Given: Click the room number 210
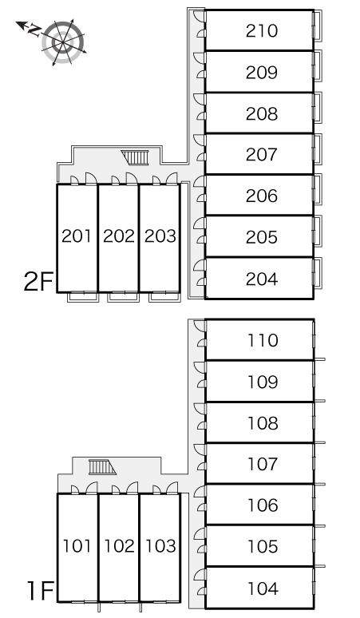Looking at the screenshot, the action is [x=262, y=31].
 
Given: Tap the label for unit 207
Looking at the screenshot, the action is [x=262, y=155].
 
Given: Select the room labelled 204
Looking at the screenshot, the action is [x=262, y=279].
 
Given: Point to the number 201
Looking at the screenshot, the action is [x=77, y=236].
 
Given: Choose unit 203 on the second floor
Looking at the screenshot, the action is [x=160, y=236].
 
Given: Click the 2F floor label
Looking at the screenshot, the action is [x=38, y=281].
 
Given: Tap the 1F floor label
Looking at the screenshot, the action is [x=40, y=591].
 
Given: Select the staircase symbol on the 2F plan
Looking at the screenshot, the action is [x=135, y=157].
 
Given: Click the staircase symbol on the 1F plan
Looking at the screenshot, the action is [x=102, y=467].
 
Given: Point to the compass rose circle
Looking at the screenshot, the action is [x=63, y=42].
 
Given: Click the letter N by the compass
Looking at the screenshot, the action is [x=35, y=30].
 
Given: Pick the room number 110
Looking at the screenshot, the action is [x=263, y=340].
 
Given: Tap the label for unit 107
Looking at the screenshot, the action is [x=263, y=464].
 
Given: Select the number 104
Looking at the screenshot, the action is [x=263, y=588].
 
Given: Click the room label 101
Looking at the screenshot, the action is [x=77, y=546].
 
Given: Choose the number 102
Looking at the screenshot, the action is [x=119, y=546].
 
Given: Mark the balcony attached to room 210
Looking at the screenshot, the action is [x=318, y=25].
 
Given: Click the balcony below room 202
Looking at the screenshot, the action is [x=123, y=297].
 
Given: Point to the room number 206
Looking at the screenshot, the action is [x=262, y=196].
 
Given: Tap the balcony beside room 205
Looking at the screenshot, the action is [x=318, y=231].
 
